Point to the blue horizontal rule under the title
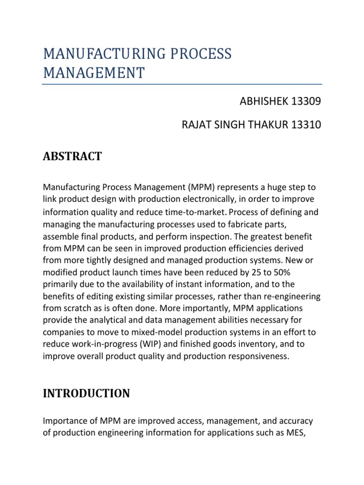point(182,84)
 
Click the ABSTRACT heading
point(72,156)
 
